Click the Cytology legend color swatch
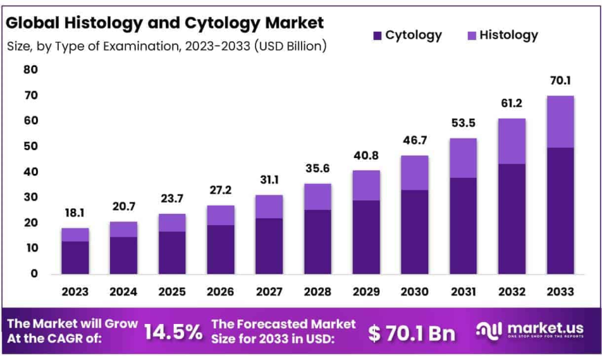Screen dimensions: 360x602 tap(376, 35)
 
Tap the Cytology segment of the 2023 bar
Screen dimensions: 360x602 tap(75, 258)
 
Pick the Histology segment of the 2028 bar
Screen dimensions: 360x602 tap(317, 197)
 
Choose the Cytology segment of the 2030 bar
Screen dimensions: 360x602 tap(414, 232)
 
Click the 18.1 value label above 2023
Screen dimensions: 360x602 tap(75, 214)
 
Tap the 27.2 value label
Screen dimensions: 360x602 tap(220, 190)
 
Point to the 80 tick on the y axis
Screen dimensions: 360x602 tap(30, 69)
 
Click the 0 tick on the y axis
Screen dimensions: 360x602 tap(33, 273)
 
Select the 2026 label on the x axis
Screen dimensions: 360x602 tap(220, 291)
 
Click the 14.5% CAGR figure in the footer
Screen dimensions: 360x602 tap(173, 332)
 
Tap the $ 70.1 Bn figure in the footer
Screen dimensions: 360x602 tap(412, 333)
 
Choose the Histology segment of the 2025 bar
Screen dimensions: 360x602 tap(172, 222)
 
